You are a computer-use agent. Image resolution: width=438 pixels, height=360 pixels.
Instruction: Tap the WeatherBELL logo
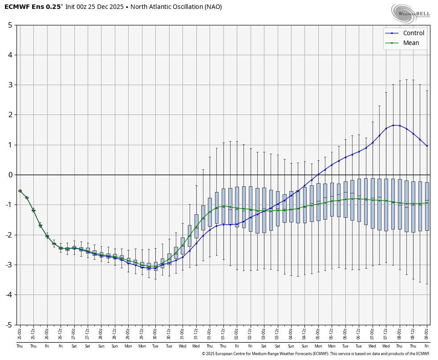[410, 13]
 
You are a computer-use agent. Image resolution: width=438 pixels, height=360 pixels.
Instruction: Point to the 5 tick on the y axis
[10, 25]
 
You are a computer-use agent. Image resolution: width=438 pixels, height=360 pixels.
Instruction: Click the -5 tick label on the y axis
[8, 325]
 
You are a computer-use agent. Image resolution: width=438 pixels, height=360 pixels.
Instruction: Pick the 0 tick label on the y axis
[10, 175]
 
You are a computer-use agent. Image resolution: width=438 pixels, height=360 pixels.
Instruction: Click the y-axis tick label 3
[10, 85]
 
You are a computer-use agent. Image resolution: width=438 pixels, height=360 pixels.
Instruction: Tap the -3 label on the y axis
[8, 265]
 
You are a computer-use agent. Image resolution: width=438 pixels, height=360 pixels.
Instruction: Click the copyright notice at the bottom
[316, 354]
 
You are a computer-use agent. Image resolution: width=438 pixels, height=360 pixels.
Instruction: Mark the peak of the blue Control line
[393, 125]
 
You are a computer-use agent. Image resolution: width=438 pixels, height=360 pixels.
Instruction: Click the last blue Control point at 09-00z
[427, 146]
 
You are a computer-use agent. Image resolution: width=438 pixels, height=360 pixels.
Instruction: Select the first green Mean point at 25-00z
[20, 191]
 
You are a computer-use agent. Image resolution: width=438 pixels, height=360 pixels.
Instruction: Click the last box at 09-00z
[427, 206]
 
